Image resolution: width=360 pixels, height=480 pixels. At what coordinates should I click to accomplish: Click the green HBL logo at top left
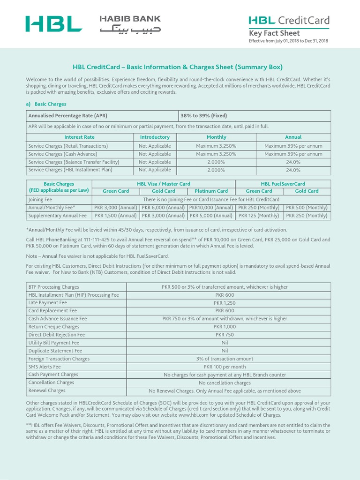53,24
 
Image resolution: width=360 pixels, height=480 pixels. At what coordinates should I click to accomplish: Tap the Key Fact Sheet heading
274,33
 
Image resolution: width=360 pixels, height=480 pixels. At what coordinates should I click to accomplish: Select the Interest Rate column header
79,137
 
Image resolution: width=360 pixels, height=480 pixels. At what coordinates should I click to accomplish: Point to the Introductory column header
155,137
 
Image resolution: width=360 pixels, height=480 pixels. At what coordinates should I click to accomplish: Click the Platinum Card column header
211,191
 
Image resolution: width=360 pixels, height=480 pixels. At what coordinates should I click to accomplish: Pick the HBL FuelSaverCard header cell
283,184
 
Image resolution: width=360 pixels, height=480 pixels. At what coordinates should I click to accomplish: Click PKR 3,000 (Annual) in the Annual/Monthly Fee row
116,208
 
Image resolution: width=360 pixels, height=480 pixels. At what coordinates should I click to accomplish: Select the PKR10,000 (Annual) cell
211,208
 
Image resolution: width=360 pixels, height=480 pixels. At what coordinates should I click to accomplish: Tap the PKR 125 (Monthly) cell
259,216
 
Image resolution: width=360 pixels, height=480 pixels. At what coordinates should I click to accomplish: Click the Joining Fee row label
40,199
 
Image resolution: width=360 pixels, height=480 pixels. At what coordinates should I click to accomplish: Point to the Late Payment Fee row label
47,303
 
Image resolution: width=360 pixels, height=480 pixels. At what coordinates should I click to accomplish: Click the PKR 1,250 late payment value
225,303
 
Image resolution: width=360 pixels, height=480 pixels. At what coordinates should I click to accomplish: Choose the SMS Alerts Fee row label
45,367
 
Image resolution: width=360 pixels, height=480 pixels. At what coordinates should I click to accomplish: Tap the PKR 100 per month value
225,367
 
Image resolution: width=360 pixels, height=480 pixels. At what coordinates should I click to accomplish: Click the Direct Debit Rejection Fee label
57,335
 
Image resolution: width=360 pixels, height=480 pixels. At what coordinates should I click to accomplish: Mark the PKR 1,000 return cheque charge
225,327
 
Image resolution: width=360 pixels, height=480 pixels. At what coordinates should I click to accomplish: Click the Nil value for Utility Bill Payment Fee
225,343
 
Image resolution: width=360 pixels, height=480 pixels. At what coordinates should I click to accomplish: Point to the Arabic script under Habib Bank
130,29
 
